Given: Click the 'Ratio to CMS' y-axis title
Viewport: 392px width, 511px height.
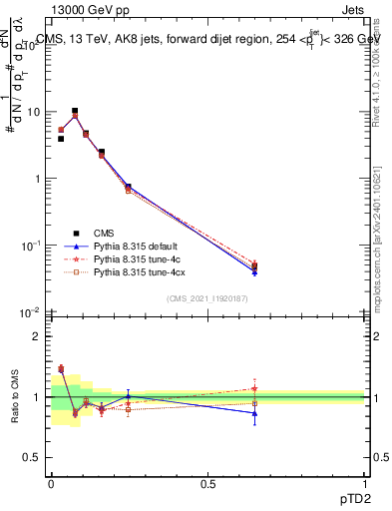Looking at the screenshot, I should [x=15, y=396].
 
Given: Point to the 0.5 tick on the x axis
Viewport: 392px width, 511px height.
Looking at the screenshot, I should [x=207, y=483].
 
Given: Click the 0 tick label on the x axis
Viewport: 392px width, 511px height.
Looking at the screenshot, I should [x=51, y=483].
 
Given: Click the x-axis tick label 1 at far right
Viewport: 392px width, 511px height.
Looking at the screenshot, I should [x=365, y=483].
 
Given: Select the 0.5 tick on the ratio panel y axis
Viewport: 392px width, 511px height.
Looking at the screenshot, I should [x=32, y=457].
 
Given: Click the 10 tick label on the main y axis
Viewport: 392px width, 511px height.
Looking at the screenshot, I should [x=35, y=112].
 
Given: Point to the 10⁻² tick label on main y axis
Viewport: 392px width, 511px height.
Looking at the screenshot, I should [x=32, y=312].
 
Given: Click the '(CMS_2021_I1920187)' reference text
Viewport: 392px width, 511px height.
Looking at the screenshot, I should [x=207, y=297].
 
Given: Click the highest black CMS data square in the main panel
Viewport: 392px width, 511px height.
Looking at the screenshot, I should [x=75, y=111].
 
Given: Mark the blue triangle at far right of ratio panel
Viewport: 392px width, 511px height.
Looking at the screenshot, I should [x=254, y=412].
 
